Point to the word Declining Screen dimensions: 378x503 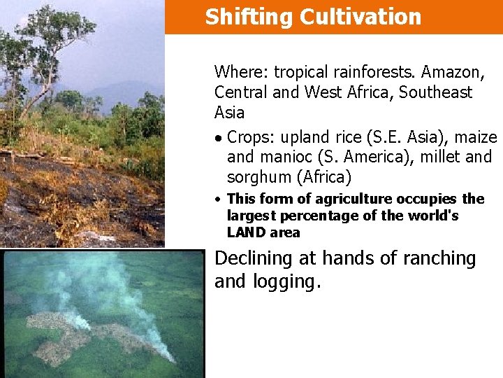[x=253, y=259]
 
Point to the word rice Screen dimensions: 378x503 [x=351, y=137]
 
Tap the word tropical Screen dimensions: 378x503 [x=301, y=71]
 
